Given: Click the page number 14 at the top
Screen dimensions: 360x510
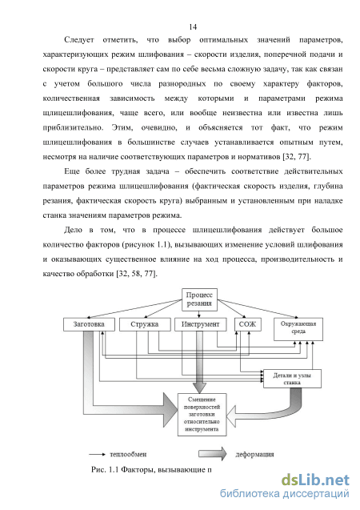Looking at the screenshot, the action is [193, 26].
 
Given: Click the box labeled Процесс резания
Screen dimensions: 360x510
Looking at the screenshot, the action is [199, 299].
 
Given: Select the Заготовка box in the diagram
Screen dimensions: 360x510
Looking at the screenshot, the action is [89, 324].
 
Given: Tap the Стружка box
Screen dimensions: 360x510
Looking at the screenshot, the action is [145, 324].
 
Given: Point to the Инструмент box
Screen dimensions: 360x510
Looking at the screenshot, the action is [201, 324].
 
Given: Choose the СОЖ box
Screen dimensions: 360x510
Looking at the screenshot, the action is [247, 324].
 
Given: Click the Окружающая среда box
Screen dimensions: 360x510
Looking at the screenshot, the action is [298, 329].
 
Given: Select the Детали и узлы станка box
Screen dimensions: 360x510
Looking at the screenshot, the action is [292, 379].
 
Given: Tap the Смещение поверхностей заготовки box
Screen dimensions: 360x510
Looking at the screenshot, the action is [202, 415].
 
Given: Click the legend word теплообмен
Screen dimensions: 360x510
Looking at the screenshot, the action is [128, 454].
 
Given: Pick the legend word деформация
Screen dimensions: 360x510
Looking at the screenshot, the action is [254, 454].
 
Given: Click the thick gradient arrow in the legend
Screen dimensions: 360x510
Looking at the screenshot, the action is [213, 454].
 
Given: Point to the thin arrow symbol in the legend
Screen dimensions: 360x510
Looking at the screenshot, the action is [97, 454].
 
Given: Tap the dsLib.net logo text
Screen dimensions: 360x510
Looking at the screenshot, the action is [315, 480].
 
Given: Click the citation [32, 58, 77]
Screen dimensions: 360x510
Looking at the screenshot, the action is [137, 274].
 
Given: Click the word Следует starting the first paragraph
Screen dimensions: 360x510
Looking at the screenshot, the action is [79, 40].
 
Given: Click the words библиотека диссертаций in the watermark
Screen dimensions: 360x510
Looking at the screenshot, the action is [285, 493].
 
